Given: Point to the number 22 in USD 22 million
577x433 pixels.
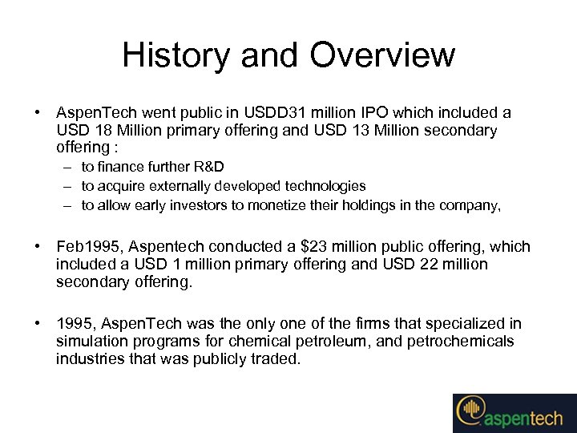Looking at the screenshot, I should click(428, 264).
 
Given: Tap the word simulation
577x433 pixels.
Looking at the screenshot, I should click(89, 342).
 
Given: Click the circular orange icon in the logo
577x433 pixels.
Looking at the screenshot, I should click(469, 411).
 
